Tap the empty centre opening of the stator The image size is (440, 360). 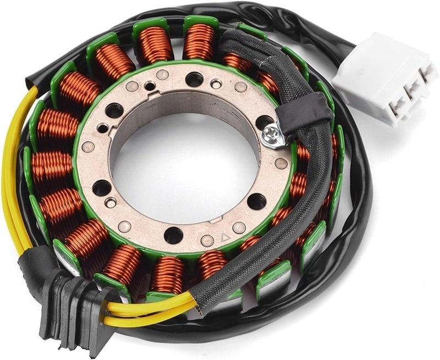click(182, 165)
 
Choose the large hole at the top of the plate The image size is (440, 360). click(194, 79)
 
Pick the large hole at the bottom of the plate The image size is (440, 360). click(173, 235)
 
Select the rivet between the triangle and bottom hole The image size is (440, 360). click(207, 240)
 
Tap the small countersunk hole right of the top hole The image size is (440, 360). click(217, 84)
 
